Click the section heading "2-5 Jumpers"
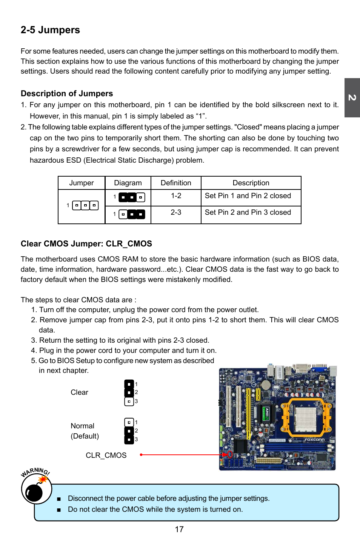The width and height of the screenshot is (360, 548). pyautogui.click(x=50, y=30)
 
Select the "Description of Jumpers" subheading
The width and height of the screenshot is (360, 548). pyautogui.click(x=67, y=94)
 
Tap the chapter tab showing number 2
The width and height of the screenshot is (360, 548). pyautogui.click(x=352, y=98)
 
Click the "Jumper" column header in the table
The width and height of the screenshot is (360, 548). pyautogui.click(x=82, y=183)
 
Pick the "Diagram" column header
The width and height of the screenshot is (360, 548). pyautogui.click(x=128, y=183)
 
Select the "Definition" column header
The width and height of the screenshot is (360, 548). pyautogui.click(x=176, y=183)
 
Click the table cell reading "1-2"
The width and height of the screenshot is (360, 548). pyautogui.click(x=176, y=196)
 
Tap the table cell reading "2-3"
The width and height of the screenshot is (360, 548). pyautogui.click(x=176, y=212)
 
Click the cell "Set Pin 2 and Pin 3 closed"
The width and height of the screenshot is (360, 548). pyautogui.click(x=248, y=212)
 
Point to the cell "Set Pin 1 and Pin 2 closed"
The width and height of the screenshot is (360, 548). pyautogui.click(x=248, y=196)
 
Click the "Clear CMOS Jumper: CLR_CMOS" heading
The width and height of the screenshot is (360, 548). pyautogui.click(x=86, y=244)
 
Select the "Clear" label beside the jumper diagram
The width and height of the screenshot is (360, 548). pyautogui.click(x=79, y=393)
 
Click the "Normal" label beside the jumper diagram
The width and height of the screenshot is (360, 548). pyautogui.click(x=82, y=426)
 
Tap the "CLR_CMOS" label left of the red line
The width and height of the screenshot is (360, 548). pyautogui.click(x=106, y=456)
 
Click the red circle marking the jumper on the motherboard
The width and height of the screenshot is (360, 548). pyautogui.click(x=230, y=454)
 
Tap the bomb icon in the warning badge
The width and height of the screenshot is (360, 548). pyautogui.click(x=35, y=492)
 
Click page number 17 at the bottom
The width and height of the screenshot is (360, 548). pyautogui.click(x=179, y=530)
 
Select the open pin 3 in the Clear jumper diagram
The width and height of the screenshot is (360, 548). pyautogui.click(x=129, y=402)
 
